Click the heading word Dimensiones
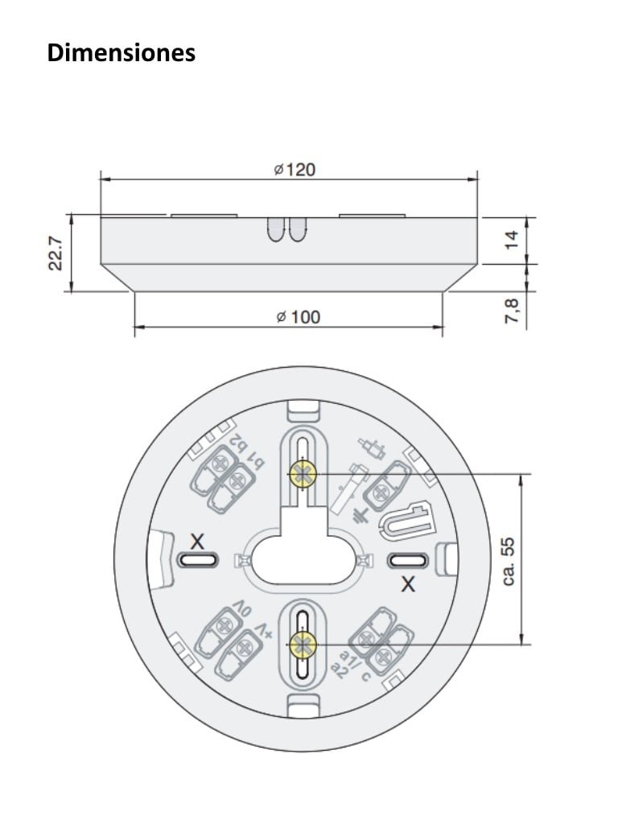pyautogui.click(x=122, y=53)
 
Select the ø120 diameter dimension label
pyautogui.click(x=294, y=170)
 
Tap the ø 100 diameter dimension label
pyautogui.click(x=297, y=317)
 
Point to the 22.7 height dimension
pyautogui.click(x=56, y=253)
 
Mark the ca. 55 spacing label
pyautogui.click(x=507, y=561)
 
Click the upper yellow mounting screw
pyautogui.click(x=302, y=476)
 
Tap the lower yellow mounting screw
pyautogui.click(x=303, y=644)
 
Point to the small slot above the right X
pyautogui.click(x=406, y=560)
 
